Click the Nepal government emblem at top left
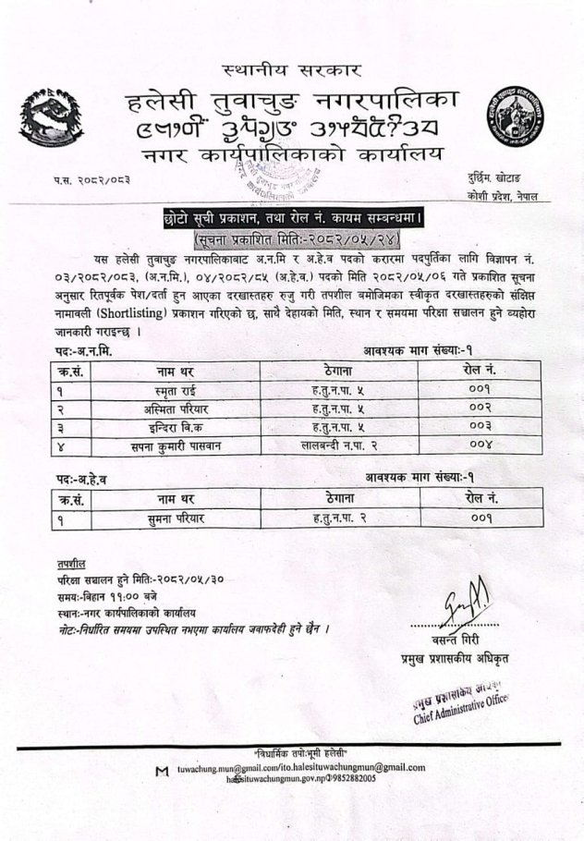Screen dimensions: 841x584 [x=54, y=118]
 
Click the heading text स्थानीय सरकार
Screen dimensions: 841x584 [x=291, y=70]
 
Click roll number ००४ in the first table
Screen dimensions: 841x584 [x=481, y=445]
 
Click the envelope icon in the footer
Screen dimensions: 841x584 [x=163, y=770]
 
